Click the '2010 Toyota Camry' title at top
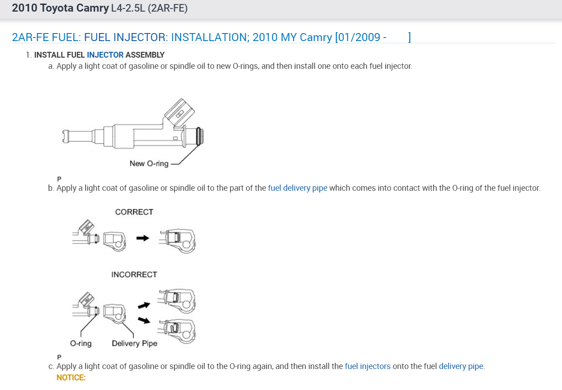[x=60, y=8]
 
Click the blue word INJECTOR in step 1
[x=105, y=55]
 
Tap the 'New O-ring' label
[x=149, y=164]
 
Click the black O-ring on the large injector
[x=199, y=136]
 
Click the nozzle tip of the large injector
[x=66, y=136]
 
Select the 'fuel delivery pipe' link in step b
[x=298, y=188]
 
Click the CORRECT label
[x=134, y=212]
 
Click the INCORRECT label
[x=134, y=275]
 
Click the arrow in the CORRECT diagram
[x=143, y=239]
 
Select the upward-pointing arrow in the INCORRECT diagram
[x=144, y=305]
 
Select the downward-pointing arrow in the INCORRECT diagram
[x=144, y=320]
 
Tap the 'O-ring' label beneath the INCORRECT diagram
[x=81, y=344]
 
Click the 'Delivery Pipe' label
[x=134, y=344]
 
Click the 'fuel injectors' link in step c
[x=368, y=366]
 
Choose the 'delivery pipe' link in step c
[x=461, y=366]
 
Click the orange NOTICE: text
[x=71, y=377]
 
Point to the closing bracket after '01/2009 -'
[x=409, y=37]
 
